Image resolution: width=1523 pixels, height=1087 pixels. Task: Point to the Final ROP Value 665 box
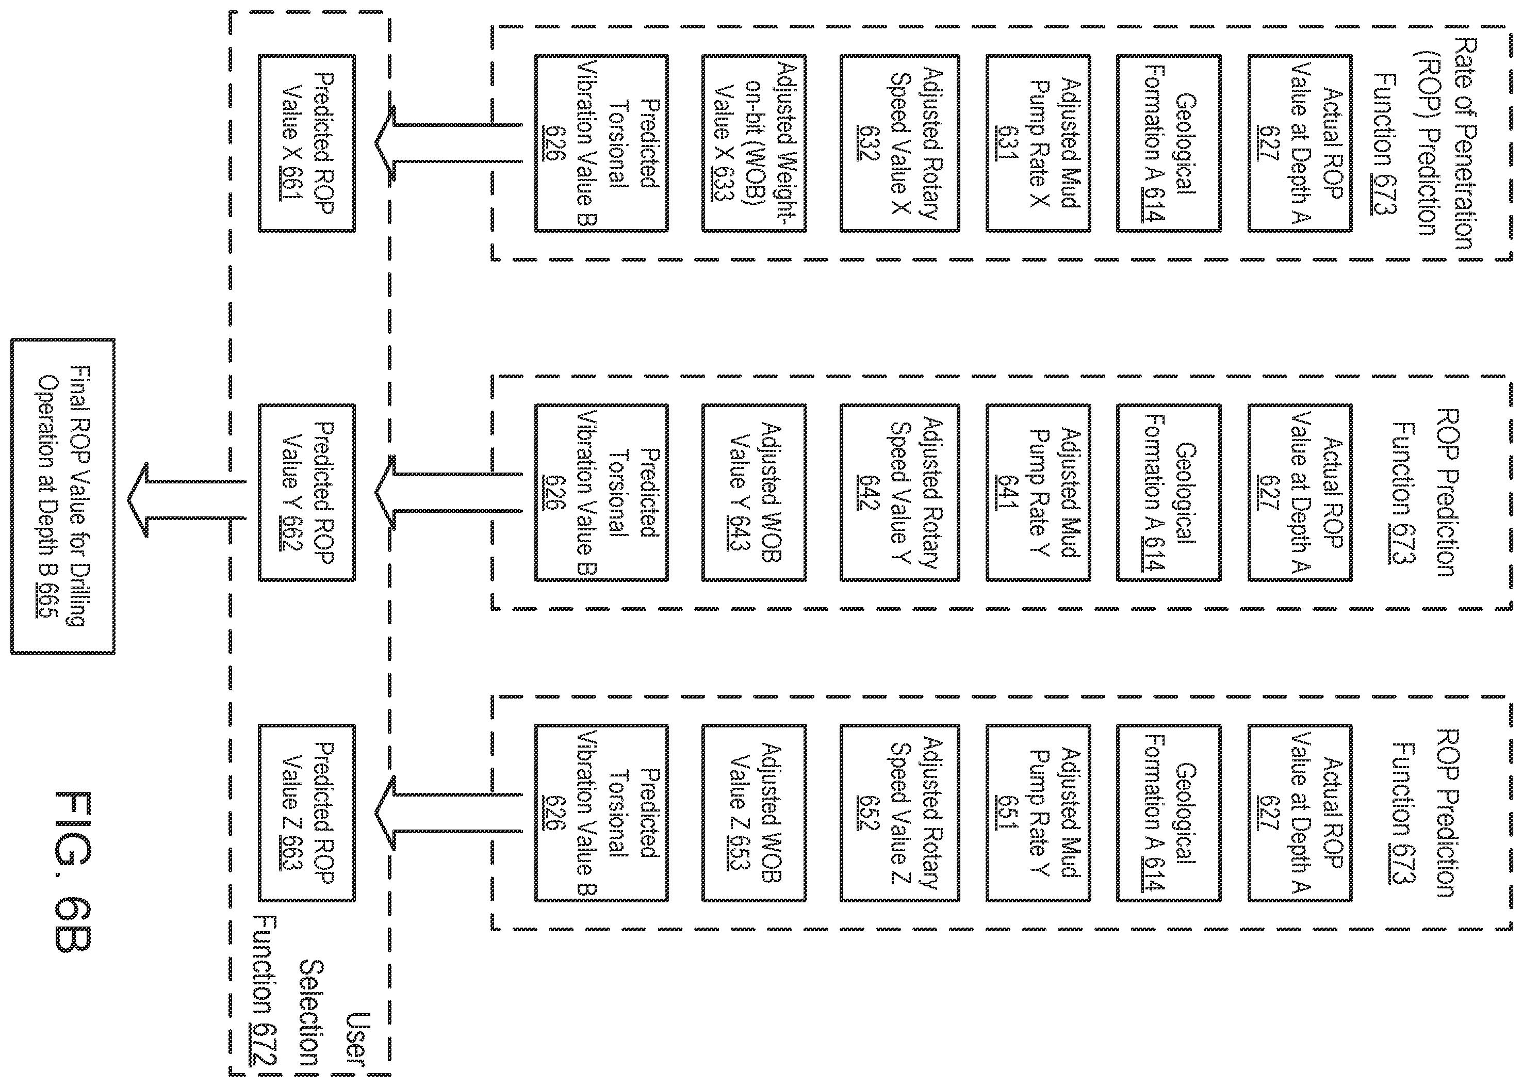tap(63, 496)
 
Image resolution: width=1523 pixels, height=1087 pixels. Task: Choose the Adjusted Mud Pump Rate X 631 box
tap(1038, 143)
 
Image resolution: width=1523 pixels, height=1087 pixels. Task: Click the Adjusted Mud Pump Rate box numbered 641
tap(1038, 492)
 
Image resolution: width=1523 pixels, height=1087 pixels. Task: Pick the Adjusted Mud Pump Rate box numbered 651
tap(1038, 813)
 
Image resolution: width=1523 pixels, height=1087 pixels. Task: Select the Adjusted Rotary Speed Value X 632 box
tap(899, 143)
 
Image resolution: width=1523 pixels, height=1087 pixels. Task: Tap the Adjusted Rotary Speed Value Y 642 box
tap(899, 492)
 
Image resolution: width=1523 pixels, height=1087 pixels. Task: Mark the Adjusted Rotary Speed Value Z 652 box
tap(899, 813)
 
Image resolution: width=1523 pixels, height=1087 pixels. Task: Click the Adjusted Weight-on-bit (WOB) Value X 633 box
tap(754, 143)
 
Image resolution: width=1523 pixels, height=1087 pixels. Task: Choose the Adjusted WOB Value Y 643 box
tap(754, 492)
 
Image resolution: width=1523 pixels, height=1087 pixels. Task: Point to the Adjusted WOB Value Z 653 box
tap(754, 813)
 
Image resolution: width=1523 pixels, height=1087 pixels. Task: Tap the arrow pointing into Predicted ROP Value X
tap(448, 143)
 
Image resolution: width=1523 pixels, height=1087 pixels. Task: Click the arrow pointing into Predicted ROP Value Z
tap(448, 813)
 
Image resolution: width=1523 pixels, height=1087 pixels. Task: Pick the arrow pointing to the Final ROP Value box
tap(187, 499)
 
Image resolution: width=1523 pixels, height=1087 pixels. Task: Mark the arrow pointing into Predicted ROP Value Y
tap(448, 492)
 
